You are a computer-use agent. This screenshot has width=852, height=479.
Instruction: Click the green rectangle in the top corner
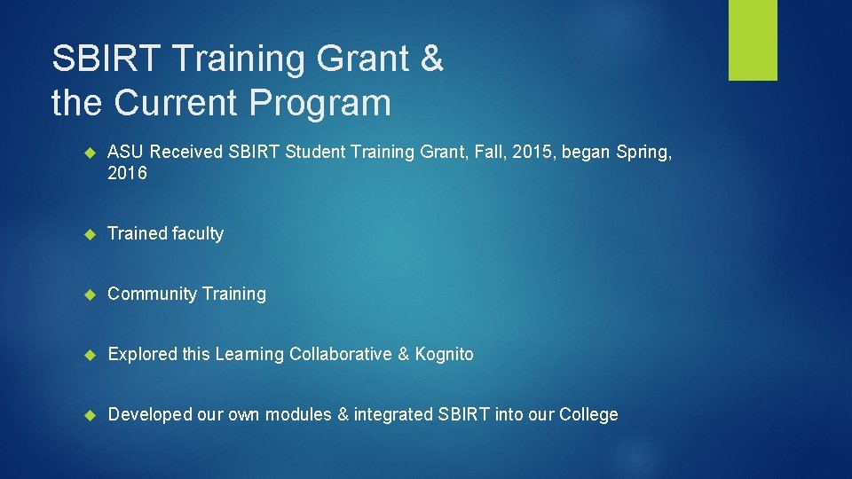(x=753, y=40)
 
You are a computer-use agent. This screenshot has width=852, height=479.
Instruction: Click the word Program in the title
(x=320, y=103)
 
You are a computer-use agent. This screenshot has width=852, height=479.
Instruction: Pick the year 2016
(x=127, y=173)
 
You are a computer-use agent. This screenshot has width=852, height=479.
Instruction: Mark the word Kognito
(x=444, y=354)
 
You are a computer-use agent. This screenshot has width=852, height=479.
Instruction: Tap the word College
(x=588, y=414)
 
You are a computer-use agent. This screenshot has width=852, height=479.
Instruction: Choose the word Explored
(x=142, y=354)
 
